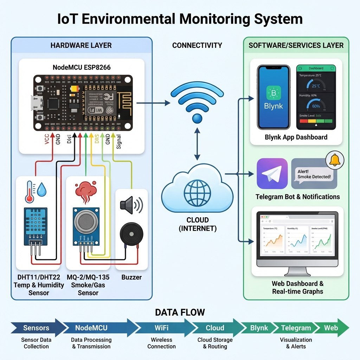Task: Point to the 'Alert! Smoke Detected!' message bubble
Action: [314, 174]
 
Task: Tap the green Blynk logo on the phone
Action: [273, 94]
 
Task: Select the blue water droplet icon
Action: [42, 189]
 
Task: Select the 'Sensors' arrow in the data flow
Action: [36, 328]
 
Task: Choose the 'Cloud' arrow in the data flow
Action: [215, 328]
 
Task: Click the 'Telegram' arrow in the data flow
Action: [296, 328]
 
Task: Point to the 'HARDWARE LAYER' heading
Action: [81, 45]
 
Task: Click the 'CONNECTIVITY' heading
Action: [197, 45]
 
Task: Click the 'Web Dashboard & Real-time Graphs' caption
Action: [297, 287]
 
